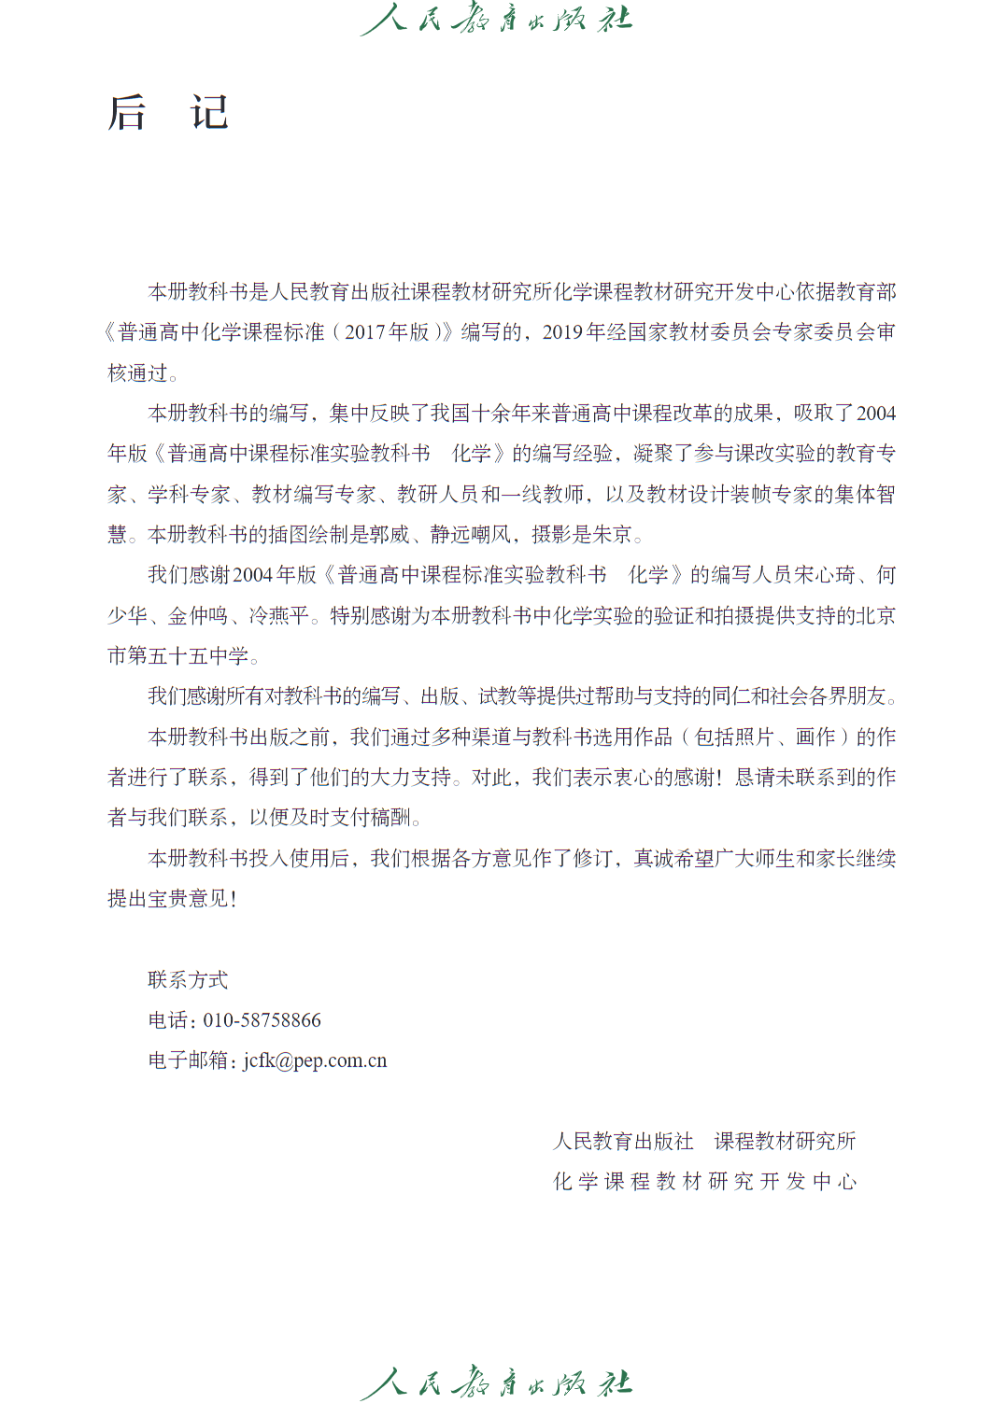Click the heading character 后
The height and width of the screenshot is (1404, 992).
127,113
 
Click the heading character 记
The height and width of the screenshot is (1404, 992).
209,113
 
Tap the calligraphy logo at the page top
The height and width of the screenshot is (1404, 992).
496,19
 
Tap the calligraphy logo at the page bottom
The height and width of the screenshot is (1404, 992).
496,1383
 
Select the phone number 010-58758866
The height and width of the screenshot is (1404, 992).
262,1020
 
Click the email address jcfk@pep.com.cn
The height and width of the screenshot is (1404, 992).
315,1060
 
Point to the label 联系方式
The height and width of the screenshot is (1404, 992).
188,979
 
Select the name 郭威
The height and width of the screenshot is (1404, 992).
390,535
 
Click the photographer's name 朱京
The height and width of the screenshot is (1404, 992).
613,535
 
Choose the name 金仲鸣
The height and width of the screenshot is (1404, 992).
198,616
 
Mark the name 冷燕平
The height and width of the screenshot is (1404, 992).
279,616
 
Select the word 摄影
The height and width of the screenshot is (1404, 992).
552,535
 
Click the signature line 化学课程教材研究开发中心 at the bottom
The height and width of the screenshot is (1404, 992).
704,1182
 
